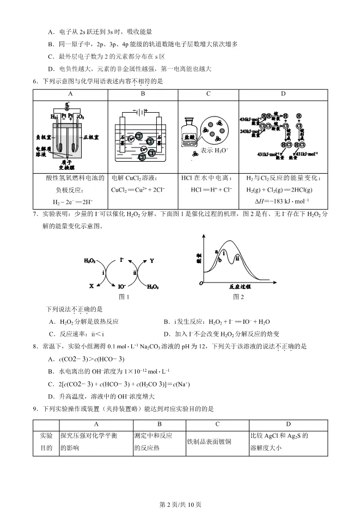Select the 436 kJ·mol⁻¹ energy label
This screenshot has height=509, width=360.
click(x=249, y=119)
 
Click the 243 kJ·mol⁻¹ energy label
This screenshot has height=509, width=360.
click(x=249, y=131)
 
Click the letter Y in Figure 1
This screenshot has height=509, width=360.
click(x=152, y=261)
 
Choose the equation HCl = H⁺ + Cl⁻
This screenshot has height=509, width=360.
click(x=211, y=189)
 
